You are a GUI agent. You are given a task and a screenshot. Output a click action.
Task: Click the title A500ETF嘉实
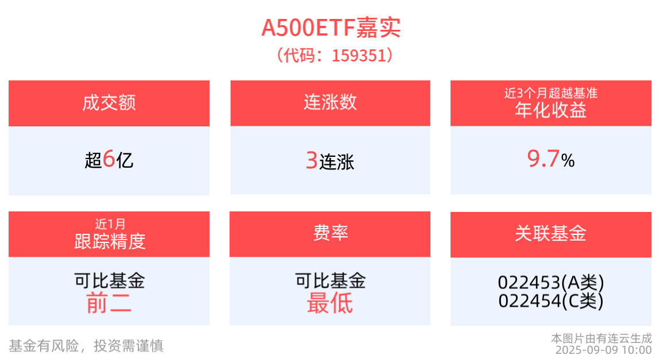[x=331, y=28]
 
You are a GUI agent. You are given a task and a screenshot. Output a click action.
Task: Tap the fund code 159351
[x=359, y=56]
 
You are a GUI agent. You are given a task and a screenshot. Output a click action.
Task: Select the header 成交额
[x=109, y=103]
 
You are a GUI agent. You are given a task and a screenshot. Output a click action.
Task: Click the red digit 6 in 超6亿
[x=108, y=159]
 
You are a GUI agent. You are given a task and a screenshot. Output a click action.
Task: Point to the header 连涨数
[x=331, y=102]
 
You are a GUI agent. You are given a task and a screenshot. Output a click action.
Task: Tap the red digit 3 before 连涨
[x=312, y=160]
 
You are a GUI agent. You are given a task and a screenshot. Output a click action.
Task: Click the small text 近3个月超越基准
[x=551, y=93]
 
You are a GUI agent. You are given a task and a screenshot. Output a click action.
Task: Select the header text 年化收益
[x=551, y=110]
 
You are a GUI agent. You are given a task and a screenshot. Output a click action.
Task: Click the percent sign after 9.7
[x=568, y=160]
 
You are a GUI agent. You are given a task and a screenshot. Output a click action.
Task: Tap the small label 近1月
[x=110, y=224]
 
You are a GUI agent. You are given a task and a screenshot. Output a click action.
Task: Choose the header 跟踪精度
[x=110, y=241]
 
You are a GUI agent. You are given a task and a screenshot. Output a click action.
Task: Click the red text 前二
[x=109, y=303]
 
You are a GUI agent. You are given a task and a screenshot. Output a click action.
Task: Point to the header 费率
[x=331, y=233]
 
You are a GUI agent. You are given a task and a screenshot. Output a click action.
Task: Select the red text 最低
[x=330, y=303]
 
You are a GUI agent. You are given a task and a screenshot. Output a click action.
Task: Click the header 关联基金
[x=550, y=233]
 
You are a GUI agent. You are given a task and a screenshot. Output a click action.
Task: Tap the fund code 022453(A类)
[x=551, y=282]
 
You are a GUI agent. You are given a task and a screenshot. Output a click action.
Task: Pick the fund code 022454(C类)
[x=551, y=300]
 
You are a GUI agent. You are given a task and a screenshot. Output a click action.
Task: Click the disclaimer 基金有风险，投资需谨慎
[x=86, y=346]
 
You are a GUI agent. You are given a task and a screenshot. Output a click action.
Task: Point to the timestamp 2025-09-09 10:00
[x=604, y=350]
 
